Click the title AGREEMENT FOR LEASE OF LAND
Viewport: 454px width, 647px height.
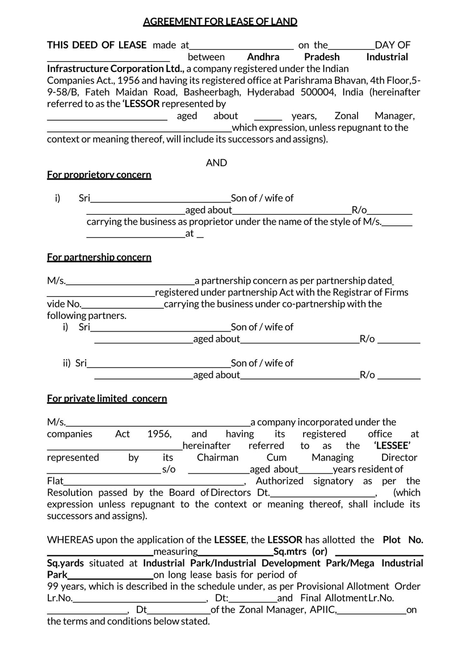220,22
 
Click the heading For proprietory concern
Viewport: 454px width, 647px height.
99,174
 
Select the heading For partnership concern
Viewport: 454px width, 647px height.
99,257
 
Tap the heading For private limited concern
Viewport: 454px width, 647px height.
107,398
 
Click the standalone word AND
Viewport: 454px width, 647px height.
216,163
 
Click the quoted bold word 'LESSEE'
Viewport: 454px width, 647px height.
392,445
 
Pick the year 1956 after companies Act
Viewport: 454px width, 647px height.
159,434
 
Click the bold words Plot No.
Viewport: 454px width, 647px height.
403,539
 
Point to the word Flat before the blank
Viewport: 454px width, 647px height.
56,481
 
